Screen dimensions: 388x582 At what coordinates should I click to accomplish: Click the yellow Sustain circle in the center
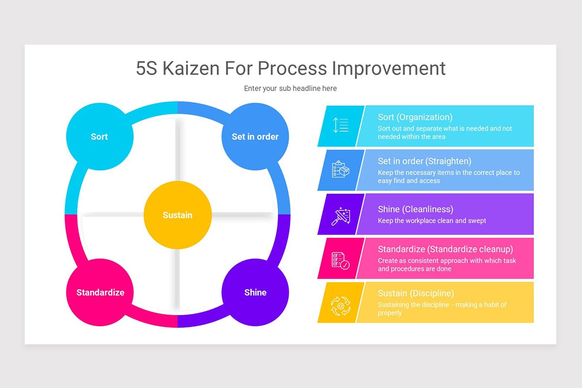click(178, 215)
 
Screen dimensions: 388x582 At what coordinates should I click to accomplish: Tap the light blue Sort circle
click(99, 136)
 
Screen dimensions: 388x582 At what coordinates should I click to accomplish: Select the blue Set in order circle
click(255, 136)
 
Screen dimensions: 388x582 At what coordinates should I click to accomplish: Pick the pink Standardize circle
click(100, 292)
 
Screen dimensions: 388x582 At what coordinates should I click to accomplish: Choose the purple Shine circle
click(255, 292)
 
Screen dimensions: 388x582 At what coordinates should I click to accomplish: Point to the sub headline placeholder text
click(290, 88)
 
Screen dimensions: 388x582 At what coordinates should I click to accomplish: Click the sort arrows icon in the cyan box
click(340, 125)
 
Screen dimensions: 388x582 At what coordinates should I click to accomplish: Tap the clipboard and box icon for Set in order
click(340, 169)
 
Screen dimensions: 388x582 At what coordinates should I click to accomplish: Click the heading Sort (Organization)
click(415, 117)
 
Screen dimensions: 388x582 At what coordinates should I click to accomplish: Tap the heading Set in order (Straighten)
click(424, 161)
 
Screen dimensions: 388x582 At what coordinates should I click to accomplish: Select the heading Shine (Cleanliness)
click(415, 209)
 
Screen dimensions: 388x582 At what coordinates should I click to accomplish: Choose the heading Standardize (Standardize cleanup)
click(445, 249)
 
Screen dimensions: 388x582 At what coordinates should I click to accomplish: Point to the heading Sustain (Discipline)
click(416, 293)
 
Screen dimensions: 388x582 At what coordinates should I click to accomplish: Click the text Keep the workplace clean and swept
click(432, 221)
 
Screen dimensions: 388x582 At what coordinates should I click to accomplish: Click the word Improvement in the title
click(388, 68)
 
